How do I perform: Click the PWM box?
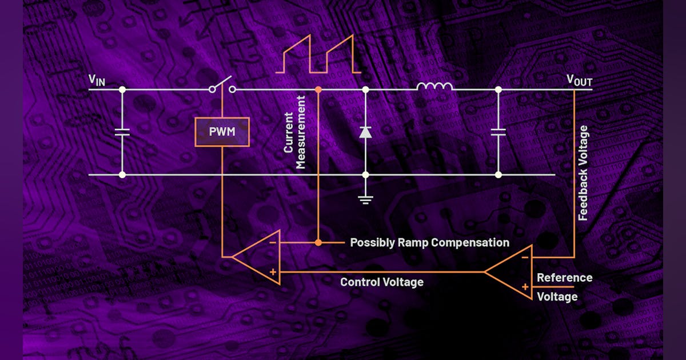[222, 132]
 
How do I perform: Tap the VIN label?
[97, 81]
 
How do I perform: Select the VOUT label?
[579, 81]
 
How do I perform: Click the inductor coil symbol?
[434, 87]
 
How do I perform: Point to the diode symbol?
[365, 133]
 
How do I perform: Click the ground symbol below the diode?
[365, 199]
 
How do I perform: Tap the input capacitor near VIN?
[122, 132]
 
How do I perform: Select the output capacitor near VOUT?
[498, 132]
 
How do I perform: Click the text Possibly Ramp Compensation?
[429, 242]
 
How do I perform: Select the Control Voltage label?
[381, 282]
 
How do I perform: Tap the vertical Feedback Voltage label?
[583, 173]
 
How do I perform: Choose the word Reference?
[564, 278]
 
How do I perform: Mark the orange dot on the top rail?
[318, 90]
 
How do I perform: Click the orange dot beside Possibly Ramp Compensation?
[318, 242]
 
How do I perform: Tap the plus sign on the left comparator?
[273, 272]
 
